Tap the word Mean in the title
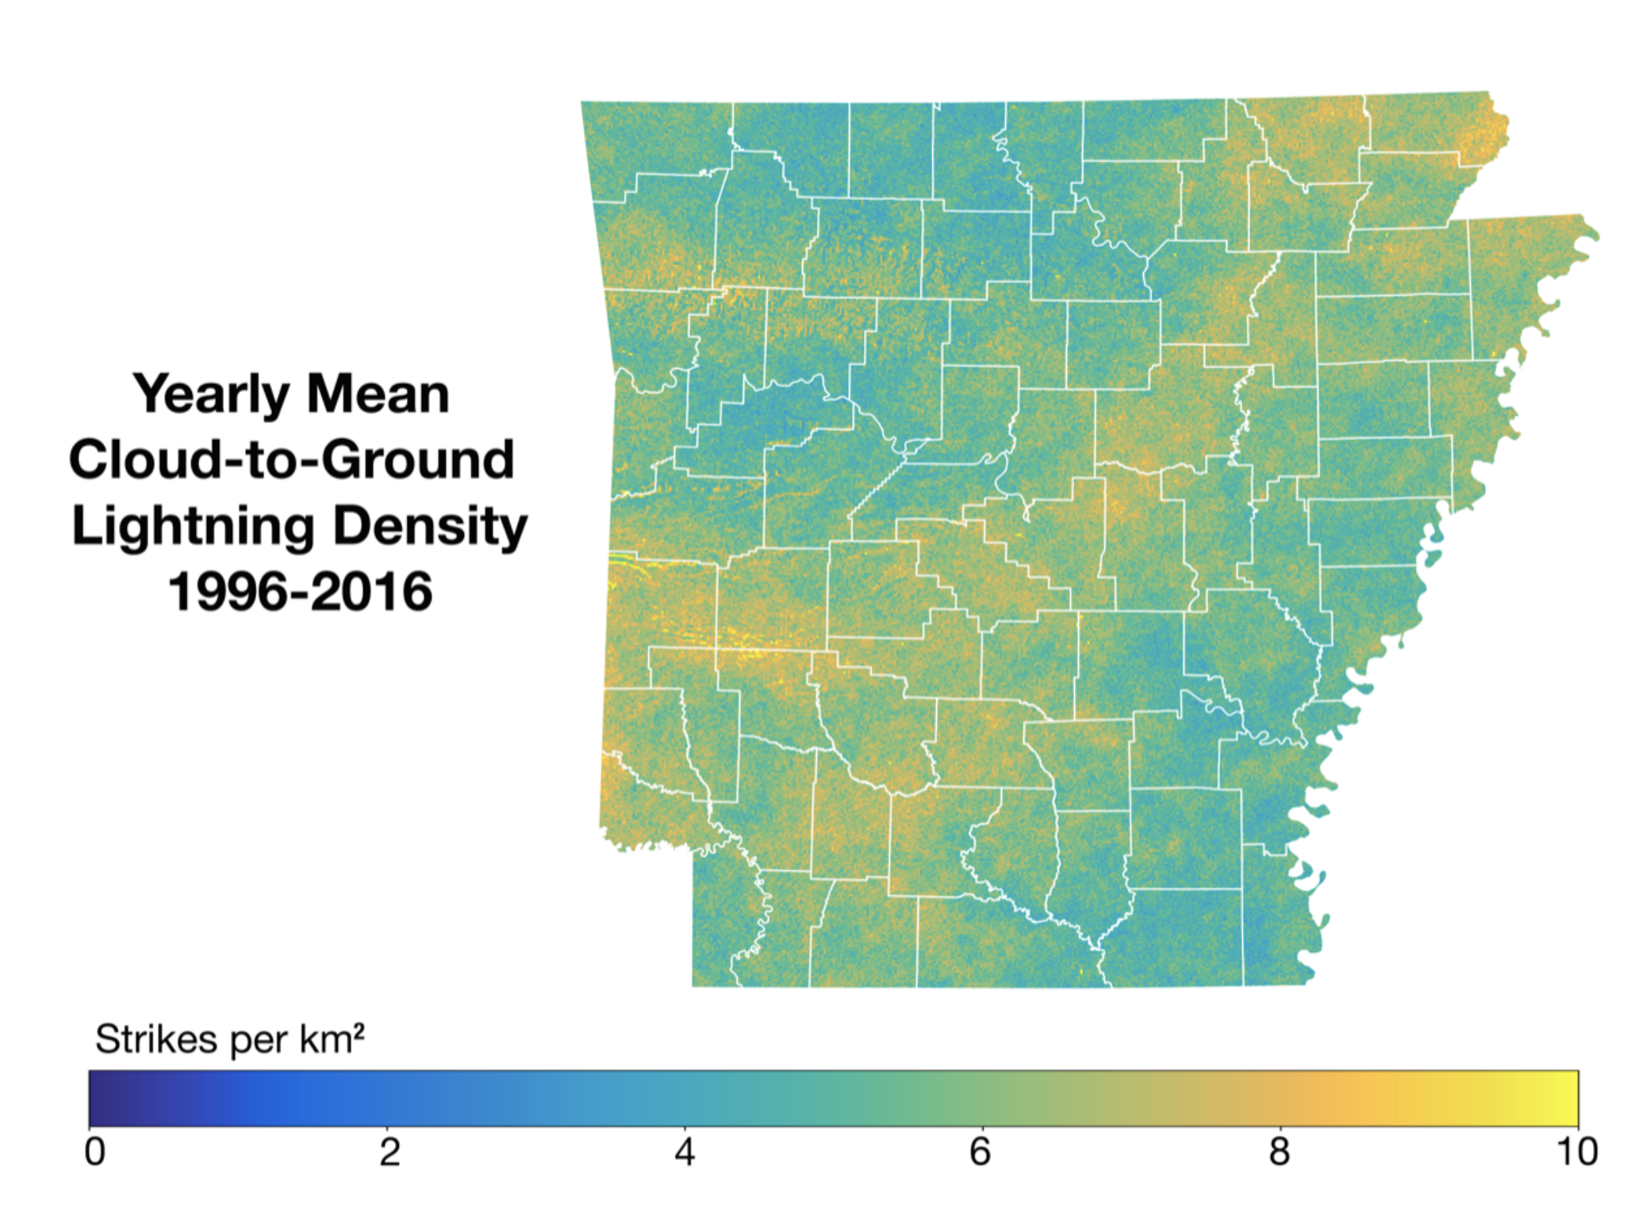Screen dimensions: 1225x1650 click(378, 394)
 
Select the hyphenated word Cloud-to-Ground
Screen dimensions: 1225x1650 click(292, 459)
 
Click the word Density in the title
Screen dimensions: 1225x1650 click(430, 526)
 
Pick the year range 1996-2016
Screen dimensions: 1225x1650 click(300, 592)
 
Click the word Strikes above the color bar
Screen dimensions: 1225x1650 click(155, 1039)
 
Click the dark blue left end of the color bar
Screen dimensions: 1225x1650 click(99, 1098)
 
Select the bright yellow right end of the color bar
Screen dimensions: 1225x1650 click(1567, 1098)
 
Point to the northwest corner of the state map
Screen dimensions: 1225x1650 click(583, 103)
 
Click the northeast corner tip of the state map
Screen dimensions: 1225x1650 click(1488, 93)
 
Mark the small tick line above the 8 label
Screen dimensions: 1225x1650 click(1280, 1130)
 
